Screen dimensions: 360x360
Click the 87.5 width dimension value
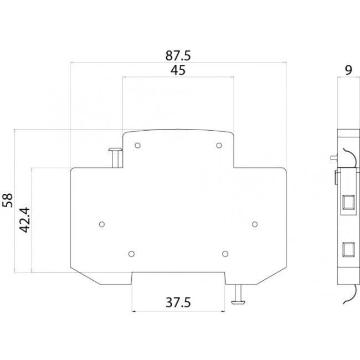coord(178,56)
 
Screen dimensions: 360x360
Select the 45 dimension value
coord(178,70)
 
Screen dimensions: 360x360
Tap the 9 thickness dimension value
coord(348,70)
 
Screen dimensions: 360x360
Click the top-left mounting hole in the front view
coord(137,145)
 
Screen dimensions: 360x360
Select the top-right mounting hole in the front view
coord(219,145)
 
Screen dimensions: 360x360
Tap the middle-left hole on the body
coord(101,224)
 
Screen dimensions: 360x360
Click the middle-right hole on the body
coord(255,224)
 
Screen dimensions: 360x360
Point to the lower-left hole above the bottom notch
coord(131,254)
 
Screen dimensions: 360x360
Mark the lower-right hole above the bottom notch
coord(224,254)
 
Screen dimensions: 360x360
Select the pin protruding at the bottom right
coord(239,294)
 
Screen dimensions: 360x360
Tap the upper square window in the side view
coord(348,200)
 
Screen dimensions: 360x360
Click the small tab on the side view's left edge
coord(337,178)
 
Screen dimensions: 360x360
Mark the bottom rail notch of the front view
coord(178,277)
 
